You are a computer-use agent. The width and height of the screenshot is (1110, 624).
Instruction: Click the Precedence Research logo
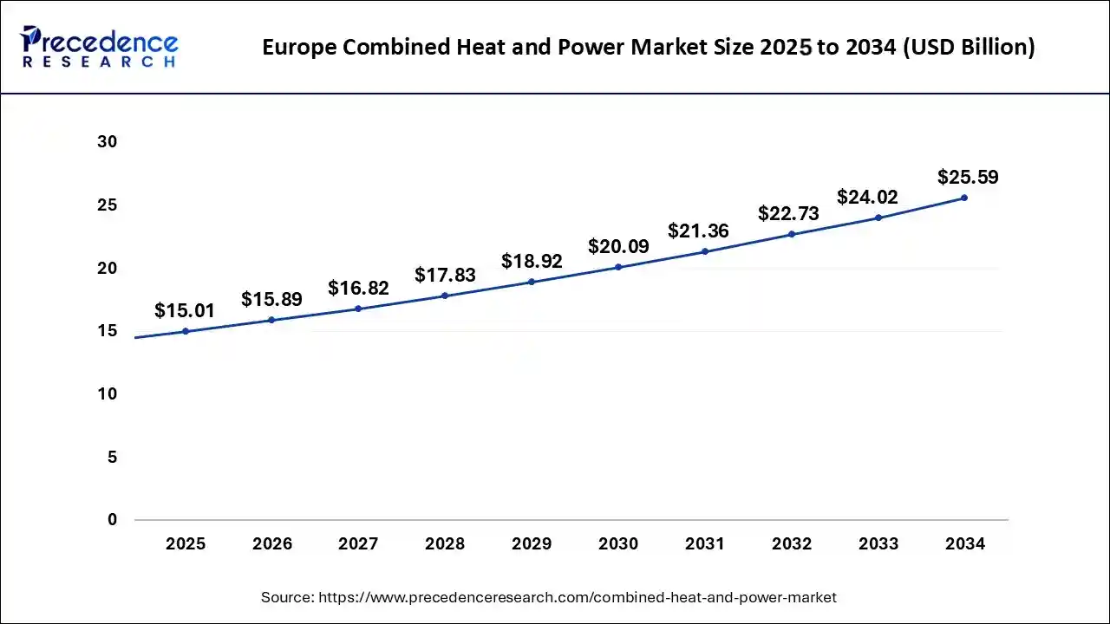(99, 47)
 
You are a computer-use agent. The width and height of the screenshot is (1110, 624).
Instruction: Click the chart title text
(649, 47)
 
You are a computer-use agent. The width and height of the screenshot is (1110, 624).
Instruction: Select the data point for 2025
(186, 331)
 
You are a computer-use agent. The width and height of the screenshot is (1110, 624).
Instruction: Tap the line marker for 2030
(618, 267)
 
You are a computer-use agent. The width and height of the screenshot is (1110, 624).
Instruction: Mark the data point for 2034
(964, 198)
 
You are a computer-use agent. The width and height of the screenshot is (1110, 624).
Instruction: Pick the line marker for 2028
(445, 296)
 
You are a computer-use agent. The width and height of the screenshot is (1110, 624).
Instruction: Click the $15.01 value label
(185, 310)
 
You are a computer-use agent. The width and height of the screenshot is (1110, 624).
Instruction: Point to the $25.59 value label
(968, 178)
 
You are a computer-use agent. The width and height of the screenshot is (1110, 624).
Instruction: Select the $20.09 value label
(618, 246)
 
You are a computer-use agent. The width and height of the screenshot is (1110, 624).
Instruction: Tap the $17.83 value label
(445, 275)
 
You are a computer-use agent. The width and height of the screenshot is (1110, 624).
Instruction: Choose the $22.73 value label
(788, 213)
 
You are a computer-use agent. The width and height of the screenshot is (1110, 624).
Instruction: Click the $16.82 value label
(358, 288)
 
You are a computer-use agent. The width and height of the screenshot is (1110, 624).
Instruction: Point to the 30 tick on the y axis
(107, 142)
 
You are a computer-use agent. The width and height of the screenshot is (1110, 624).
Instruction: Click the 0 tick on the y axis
(112, 520)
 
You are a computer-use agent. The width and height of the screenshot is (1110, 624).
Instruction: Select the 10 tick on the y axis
(107, 394)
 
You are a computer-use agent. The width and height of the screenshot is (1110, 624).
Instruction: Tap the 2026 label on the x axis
(272, 544)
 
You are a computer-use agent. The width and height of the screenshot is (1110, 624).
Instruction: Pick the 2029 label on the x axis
(532, 544)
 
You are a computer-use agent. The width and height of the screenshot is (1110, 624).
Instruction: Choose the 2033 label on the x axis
(878, 544)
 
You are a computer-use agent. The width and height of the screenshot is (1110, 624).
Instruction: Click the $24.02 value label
(867, 198)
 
